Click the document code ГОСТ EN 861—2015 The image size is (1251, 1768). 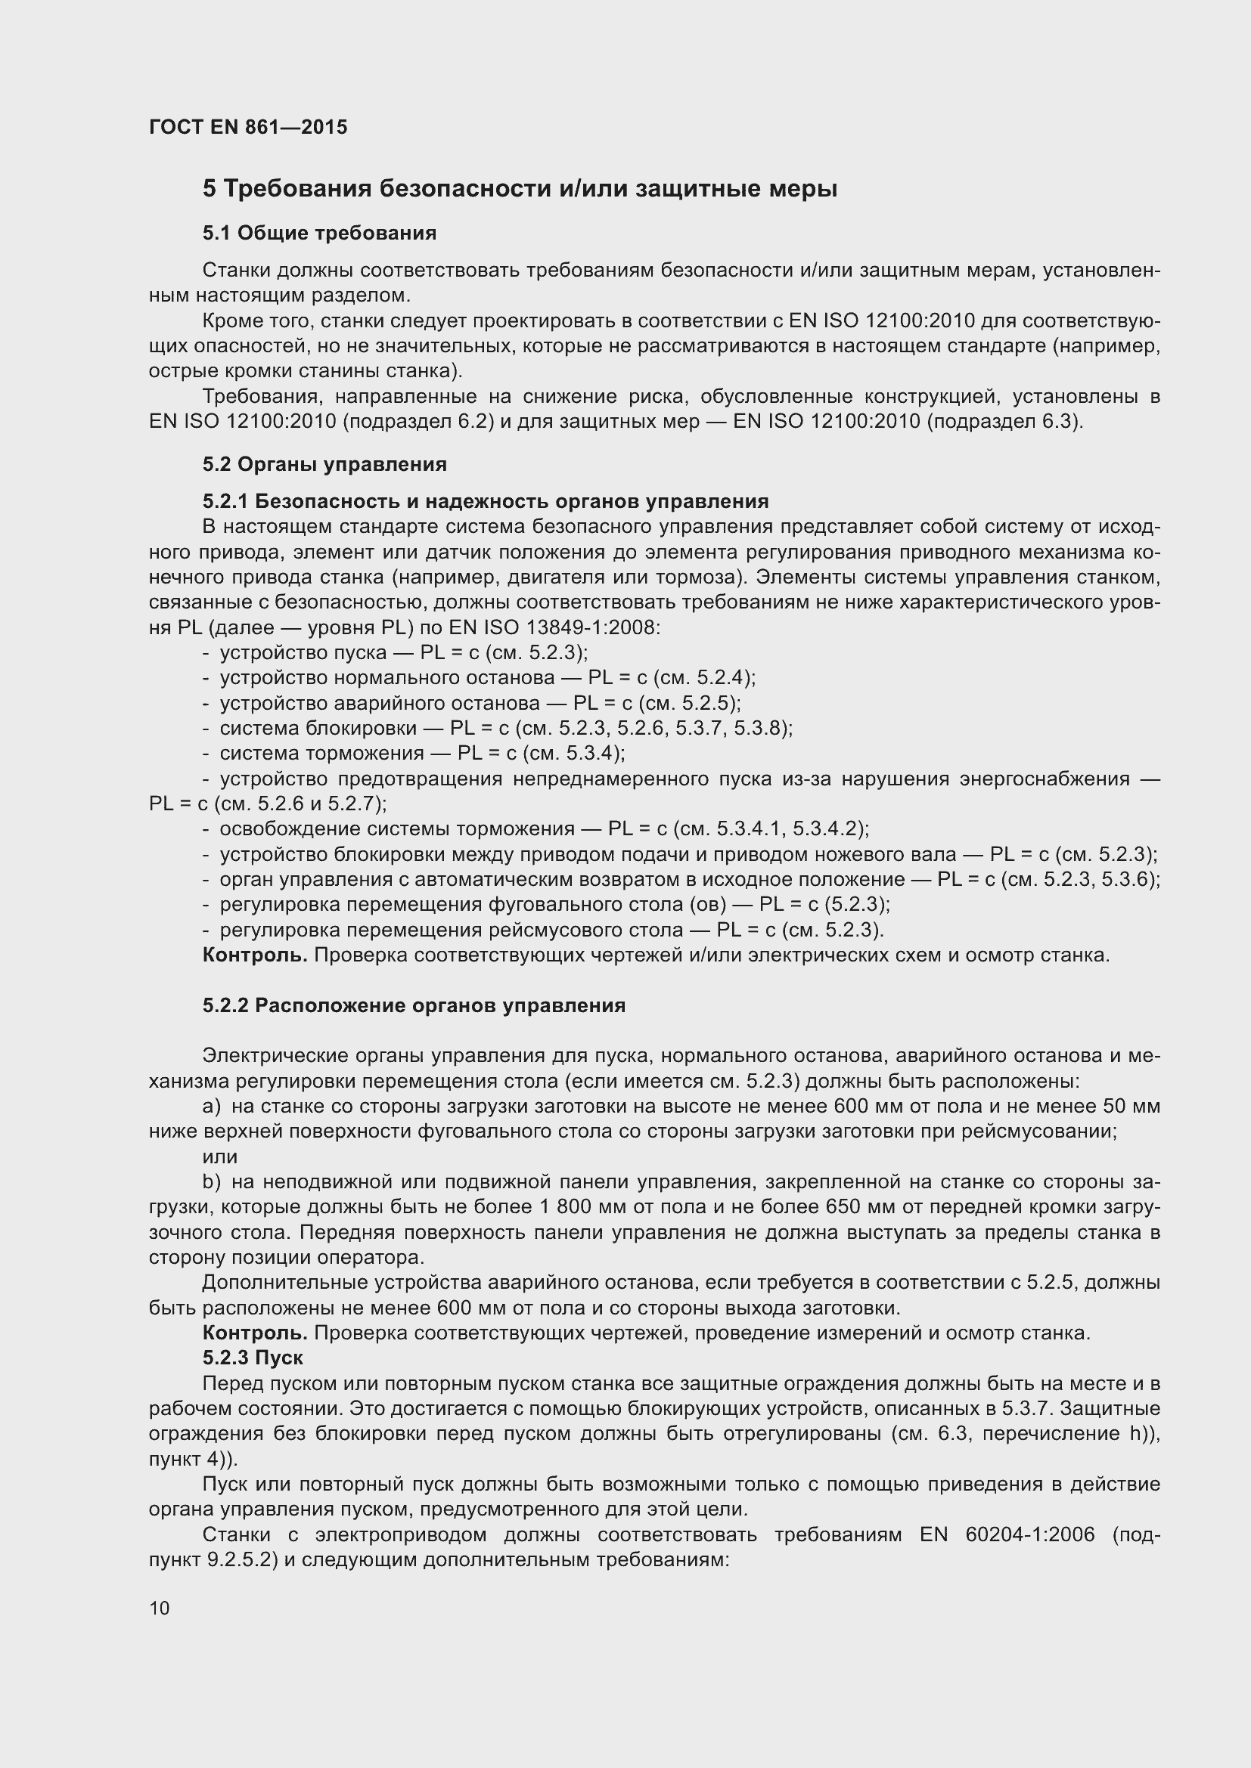pyautogui.click(x=248, y=127)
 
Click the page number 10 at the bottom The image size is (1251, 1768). pyautogui.click(x=160, y=1608)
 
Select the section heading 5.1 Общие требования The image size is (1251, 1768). pyautogui.click(x=319, y=234)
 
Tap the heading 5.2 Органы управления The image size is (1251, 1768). pyautogui.click(x=324, y=464)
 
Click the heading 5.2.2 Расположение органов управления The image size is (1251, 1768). pyautogui.click(x=414, y=1005)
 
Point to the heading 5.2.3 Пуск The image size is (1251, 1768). pyautogui.click(x=253, y=1358)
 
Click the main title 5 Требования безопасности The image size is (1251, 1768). pyautogui.click(x=519, y=189)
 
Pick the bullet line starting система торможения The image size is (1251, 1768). pyautogui.click(x=421, y=753)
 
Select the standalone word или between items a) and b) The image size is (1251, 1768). pyautogui.click(x=219, y=1157)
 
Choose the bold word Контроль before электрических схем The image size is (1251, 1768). pyautogui.click(x=254, y=955)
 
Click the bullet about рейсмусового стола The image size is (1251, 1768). pyautogui.click(x=551, y=930)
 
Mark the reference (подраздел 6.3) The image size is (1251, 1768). pyautogui.click(x=1005, y=422)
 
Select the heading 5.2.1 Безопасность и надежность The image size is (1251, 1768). pyautogui.click(x=486, y=501)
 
